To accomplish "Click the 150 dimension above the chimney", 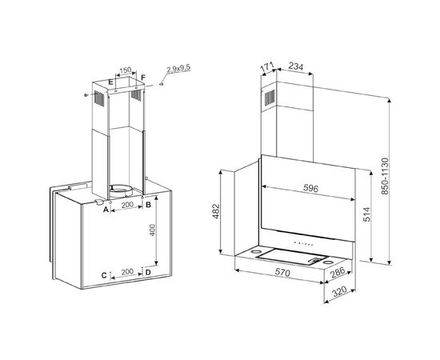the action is pyautogui.click(x=125, y=70).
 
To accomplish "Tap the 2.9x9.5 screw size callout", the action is pyautogui.click(x=178, y=68).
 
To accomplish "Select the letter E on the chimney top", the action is pyautogui.click(x=110, y=82).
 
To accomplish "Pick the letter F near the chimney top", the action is pyautogui.click(x=143, y=78).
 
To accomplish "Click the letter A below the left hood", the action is pyautogui.click(x=106, y=210).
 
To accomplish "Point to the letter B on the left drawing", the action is pyautogui.click(x=149, y=205).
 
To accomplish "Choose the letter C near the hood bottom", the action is pyautogui.click(x=104, y=275).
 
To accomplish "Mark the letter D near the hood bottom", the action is pyautogui.click(x=148, y=273).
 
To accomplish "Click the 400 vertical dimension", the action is pyautogui.click(x=152, y=230).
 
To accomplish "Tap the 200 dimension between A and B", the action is pyautogui.click(x=127, y=205).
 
